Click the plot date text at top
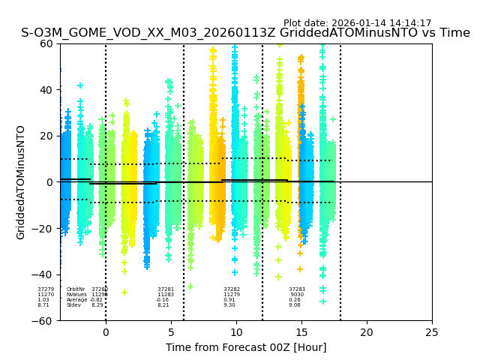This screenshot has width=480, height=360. click(357, 23)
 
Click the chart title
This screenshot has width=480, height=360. click(245, 33)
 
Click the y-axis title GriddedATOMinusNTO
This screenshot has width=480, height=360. click(21, 182)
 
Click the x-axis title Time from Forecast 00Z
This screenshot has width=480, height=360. click(246, 347)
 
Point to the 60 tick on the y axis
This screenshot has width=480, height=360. click(46, 43)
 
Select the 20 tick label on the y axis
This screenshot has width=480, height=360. click(46, 136)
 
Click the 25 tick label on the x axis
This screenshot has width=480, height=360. click(432, 332)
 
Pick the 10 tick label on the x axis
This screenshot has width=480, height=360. click(235, 332)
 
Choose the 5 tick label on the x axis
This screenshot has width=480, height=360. click(171, 332)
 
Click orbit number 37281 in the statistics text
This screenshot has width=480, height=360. click(166, 289)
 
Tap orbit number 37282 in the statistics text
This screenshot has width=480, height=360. click(232, 289)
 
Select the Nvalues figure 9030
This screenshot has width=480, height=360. click(297, 295)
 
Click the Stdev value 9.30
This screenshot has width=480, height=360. click(229, 305)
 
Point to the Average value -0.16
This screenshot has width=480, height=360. click(163, 300)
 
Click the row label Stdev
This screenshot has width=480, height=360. click(73, 305)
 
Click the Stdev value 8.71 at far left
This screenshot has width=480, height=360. click(43, 305)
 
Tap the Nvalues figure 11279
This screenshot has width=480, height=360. click(232, 295)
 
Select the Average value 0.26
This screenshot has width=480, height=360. click(295, 300)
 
